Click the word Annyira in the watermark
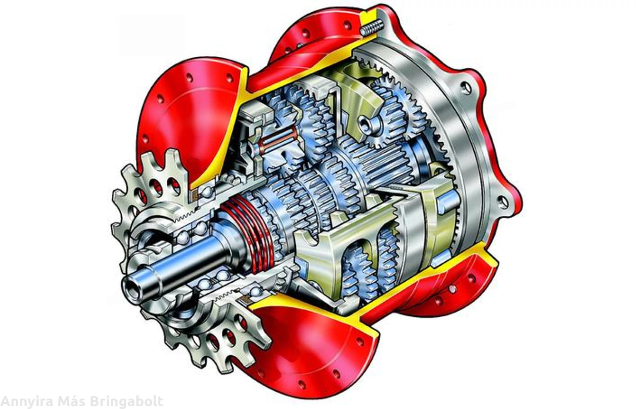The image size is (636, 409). pos(27,402)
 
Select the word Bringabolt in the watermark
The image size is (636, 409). pos(126,402)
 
